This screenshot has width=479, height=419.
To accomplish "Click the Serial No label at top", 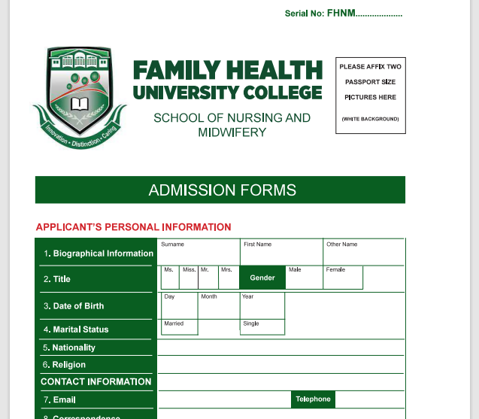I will [x=344, y=14].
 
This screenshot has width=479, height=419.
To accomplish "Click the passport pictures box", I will [x=371, y=94].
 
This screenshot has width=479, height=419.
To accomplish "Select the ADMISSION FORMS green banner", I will [x=220, y=190].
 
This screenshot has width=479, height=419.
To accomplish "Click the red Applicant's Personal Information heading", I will [x=134, y=227].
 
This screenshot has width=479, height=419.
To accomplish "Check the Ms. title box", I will [x=171, y=278].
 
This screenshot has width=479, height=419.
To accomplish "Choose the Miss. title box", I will [x=189, y=278].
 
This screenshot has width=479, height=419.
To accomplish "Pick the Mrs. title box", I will [x=229, y=278].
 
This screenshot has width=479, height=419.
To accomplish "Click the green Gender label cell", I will [x=262, y=278].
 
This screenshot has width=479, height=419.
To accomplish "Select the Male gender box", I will [x=304, y=278].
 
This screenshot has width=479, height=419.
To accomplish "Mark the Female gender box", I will [x=343, y=278].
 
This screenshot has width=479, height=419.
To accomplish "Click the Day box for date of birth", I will [x=179, y=306].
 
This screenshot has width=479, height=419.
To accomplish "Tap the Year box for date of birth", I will [x=262, y=306].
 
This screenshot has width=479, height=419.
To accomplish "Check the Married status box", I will [x=179, y=328].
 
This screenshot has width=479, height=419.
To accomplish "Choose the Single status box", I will [x=262, y=328].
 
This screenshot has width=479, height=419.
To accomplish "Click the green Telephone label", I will [x=313, y=399].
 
